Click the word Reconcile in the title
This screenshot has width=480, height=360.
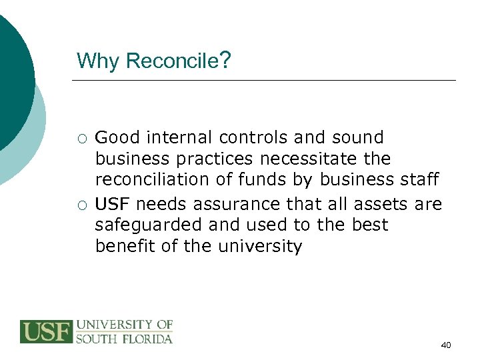(x=171, y=61)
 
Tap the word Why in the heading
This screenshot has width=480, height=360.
(x=98, y=61)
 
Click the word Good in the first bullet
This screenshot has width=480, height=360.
(x=117, y=138)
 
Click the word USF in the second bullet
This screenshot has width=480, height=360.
(x=111, y=203)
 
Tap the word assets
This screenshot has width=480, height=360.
(x=378, y=203)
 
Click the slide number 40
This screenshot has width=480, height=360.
(x=446, y=345)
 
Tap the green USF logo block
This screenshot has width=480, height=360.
(x=46, y=331)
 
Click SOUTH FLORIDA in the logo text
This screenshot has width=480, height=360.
(x=124, y=338)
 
